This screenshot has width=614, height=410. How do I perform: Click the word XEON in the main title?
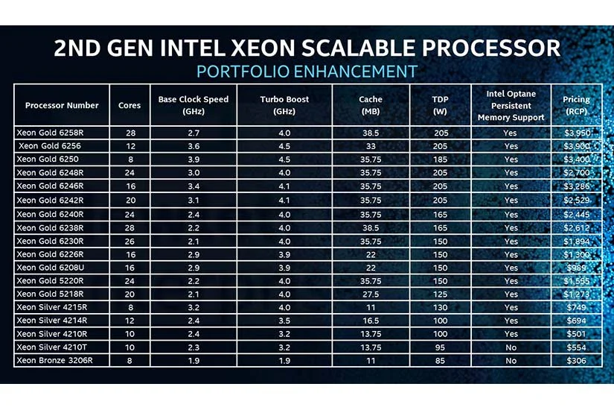pyautogui.click(x=263, y=48)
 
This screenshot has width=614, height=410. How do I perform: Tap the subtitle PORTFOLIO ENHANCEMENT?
pyautogui.click(x=307, y=72)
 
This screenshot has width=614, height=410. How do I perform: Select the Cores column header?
pyautogui.click(x=129, y=105)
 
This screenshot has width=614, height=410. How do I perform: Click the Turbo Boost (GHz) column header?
pyautogui.click(x=284, y=105)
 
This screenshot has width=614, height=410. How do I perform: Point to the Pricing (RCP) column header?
pyautogui.click(x=576, y=105)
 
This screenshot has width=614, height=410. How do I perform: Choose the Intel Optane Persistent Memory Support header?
pyautogui.click(x=511, y=105)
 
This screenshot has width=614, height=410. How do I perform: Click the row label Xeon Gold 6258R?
pyautogui.click(x=50, y=133)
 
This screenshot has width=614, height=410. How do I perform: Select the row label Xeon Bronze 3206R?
pyautogui.click(x=54, y=360)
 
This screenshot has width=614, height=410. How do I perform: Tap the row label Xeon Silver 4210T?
pyautogui.click(x=51, y=347)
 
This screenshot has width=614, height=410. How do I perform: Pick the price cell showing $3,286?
pyautogui.click(x=576, y=186)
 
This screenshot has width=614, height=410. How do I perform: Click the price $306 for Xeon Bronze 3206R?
pyautogui.click(x=576, y=361)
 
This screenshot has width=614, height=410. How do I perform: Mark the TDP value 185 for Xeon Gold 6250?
pyautogui.click(x=440, y=160)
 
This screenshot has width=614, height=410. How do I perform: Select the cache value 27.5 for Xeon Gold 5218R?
pyautogui.click(x=371, y=294)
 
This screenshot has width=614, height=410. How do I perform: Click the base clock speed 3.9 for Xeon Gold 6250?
pyautogui.click(x=194, y=160)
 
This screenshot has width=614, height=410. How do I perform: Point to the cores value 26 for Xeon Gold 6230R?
pyautogui.click(x=129, y=242)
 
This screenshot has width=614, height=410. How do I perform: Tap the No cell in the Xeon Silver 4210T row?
pyautogui.click(x=511, y=347)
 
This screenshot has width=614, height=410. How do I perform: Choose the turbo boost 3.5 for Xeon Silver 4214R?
pyautogui.click(x=284, y=321)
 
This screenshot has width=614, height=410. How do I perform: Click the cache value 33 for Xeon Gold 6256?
pyautogui.click(x=371, y=146)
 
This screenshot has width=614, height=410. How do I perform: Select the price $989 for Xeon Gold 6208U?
pyautogui.click(x=576, y=268)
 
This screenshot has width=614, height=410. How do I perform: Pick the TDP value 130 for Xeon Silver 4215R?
pyautogui.click(x=440, y=308)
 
